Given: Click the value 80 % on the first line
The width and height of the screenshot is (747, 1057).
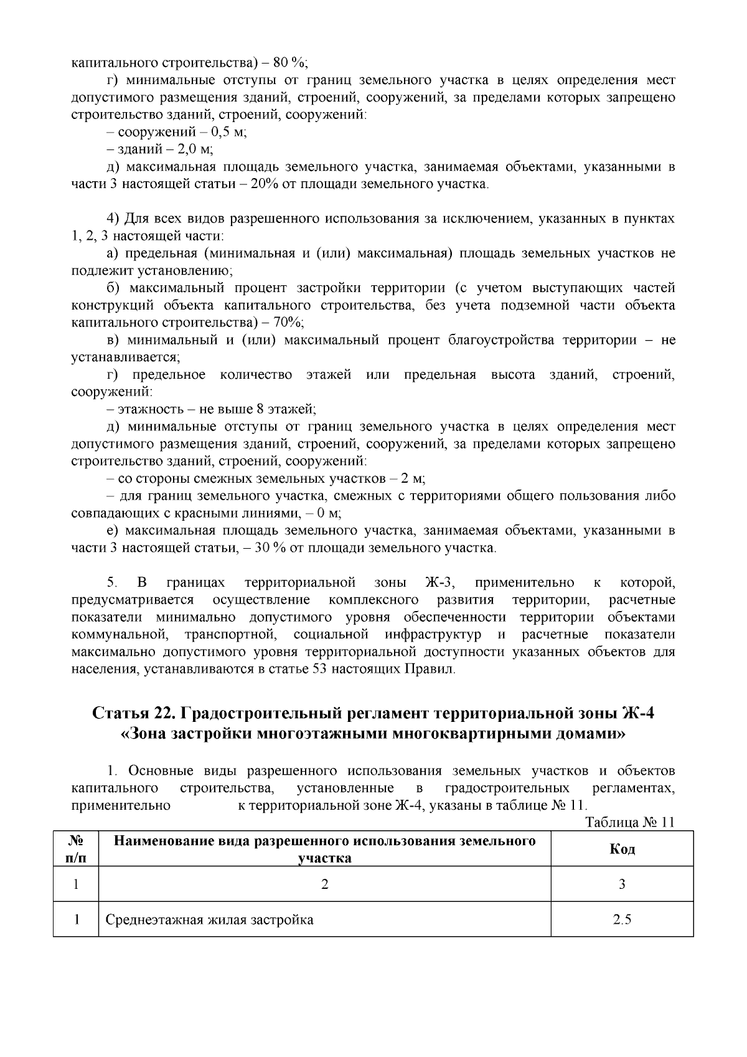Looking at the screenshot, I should coord(291,63).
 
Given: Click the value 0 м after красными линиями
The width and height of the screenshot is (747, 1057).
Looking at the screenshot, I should coord(324,513).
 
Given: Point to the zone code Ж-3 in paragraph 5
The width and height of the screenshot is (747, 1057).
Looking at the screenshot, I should coord(441,583).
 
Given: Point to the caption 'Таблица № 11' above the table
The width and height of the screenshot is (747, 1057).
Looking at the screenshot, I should coord(631,822).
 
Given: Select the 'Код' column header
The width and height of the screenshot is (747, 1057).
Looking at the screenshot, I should coord(622,849).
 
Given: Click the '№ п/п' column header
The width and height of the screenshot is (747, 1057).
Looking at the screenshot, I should coord(75,849).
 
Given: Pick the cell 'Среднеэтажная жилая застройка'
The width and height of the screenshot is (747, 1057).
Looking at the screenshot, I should coord(209,919).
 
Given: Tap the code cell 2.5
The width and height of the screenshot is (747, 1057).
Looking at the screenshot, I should coord(622,919).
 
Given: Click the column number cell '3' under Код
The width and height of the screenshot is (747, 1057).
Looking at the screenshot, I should coord(622,884).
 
